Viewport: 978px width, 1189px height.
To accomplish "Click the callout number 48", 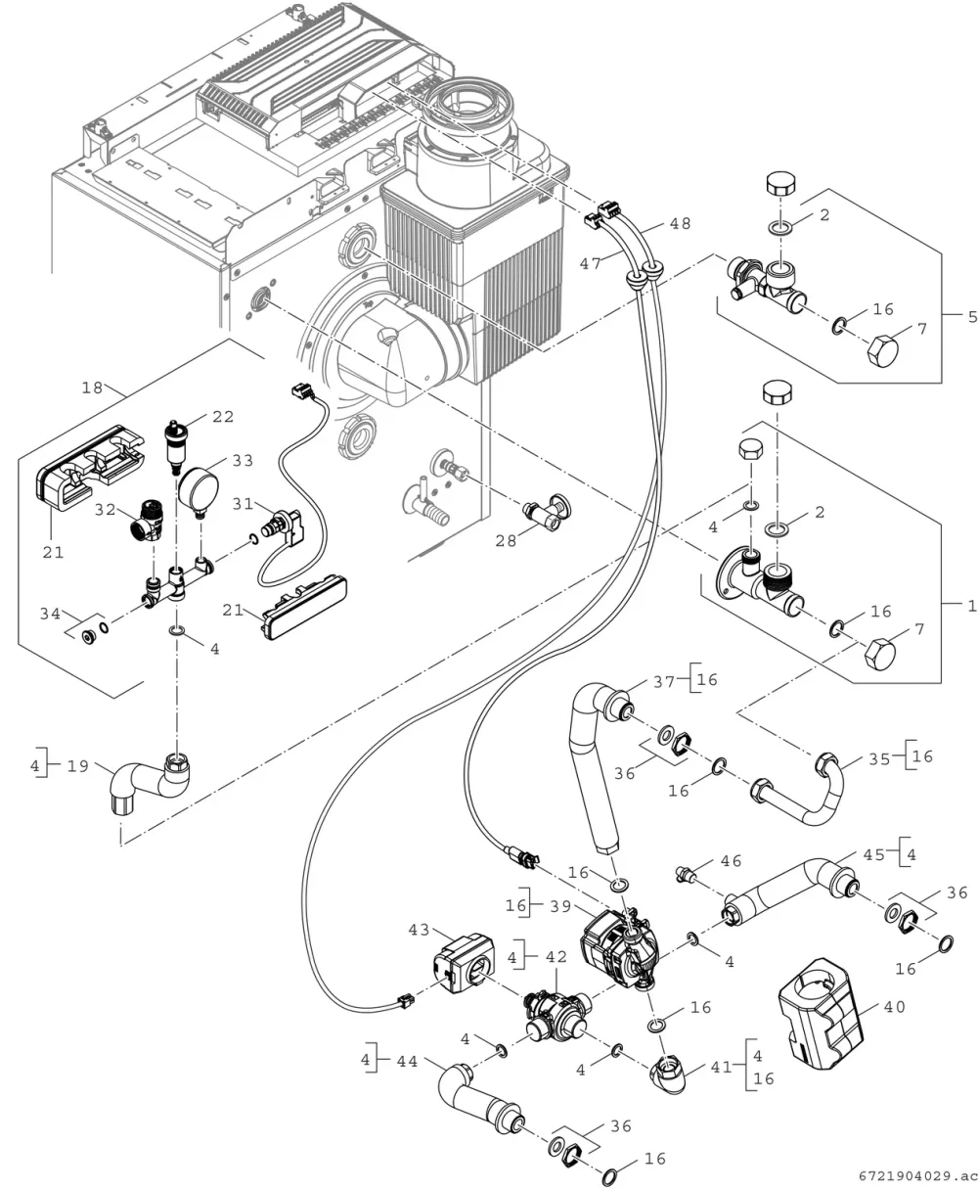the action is pyautogui.click(x=680, y=224).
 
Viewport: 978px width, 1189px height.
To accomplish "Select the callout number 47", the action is pyautogui.click(x=591, y=263).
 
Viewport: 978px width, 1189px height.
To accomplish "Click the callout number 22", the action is pyautogui.click(x=223, y=417).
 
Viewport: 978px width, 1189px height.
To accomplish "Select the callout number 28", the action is pyautogui.click(x=506, y=540).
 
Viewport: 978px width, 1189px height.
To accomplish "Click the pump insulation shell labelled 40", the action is pyautogui.click(x=821, y=1016).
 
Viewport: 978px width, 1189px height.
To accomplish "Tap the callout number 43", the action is pyautogui.click(x=420, y=930).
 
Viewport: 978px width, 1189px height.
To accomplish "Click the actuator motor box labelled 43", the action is pyautogui.click(x=464, y=964).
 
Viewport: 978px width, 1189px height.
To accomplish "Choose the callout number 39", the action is pyautogui.click(x=560, y=906).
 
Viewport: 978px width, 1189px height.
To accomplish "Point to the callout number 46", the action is pyautogui.click(x=731, y=861).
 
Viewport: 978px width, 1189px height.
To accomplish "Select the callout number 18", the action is pyautogui.click(x=92, y=388).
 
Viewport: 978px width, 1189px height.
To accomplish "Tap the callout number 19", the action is pyautogui.click(x=78, y=766).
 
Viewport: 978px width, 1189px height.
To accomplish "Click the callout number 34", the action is pyautogui.click(x=50, y=614).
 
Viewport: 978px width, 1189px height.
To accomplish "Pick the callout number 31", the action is pyautogui.click(x=243, y=503).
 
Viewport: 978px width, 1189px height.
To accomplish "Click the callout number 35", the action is pyautogui.click(x=879, y=758).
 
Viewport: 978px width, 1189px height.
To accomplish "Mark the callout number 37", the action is pyautogui.click(x=664, y=682).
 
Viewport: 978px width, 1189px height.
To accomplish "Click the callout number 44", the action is pyautogui.click(x=407, y=1062).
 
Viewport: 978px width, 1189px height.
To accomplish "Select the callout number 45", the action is pyautogui.click(x=874, y=854).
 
